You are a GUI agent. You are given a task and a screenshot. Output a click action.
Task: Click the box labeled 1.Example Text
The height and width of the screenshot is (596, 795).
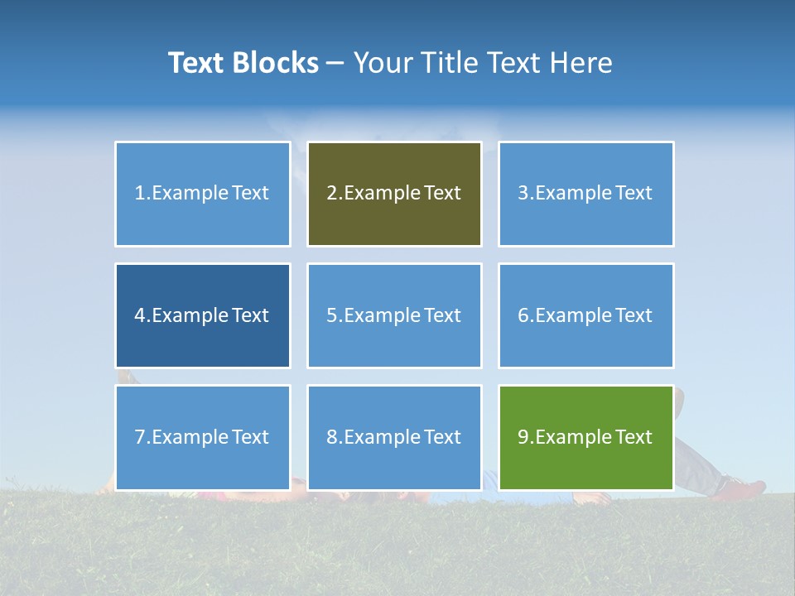202,194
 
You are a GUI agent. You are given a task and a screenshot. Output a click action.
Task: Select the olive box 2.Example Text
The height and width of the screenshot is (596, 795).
394,194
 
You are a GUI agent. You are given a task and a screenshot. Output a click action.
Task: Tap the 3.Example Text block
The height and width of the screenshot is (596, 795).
585,194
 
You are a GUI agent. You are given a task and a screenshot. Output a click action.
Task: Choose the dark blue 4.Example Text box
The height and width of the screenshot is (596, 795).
202,315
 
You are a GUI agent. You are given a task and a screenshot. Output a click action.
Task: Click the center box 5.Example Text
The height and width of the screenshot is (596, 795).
394,315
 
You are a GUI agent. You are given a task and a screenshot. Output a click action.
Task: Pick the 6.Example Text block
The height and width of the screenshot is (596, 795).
585,315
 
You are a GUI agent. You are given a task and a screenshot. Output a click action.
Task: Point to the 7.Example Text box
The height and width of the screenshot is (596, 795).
202,437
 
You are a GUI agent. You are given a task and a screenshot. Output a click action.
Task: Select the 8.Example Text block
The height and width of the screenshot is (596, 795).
394,437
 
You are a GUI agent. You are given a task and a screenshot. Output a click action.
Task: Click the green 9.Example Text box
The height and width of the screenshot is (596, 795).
585,437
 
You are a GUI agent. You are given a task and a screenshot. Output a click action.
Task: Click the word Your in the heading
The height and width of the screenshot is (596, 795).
383,63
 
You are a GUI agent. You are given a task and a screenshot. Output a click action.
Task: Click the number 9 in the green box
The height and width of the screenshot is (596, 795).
523,437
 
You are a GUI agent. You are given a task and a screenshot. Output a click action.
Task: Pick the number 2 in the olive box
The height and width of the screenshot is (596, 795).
331,194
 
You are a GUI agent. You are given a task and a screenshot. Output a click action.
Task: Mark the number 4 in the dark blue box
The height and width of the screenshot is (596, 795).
140,315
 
